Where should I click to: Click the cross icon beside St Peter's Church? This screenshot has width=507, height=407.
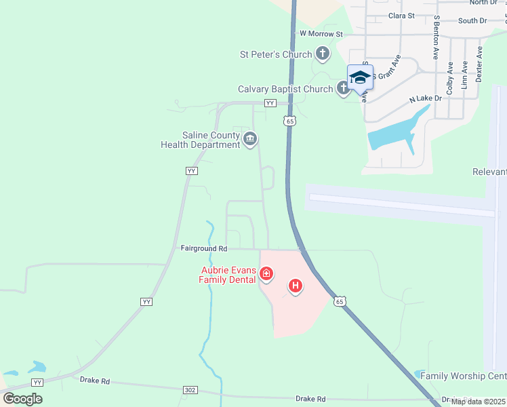click(323, 54)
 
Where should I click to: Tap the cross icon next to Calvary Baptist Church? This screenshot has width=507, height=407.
click(343, 88)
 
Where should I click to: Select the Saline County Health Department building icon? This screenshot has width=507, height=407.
click(249, 140)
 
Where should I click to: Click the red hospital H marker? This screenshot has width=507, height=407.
click(295, 286)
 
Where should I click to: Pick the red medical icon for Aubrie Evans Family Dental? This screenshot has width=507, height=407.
click(266, 274)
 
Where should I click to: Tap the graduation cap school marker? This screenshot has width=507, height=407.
click(360, 77)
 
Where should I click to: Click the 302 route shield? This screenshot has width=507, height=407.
click(191, 390)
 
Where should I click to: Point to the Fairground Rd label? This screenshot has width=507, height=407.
click(203, 249)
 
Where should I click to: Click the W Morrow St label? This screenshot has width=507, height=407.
click(321, 33)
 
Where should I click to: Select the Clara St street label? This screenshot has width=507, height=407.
click(401, 15)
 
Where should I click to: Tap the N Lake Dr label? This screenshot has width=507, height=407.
click(425, 99)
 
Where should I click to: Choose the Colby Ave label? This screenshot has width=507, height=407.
click(449, 78)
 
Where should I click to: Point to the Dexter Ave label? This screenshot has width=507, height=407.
click(479, 64)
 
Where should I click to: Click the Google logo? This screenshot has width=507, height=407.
click(22, 398)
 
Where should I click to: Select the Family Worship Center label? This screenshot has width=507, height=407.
click(463, 376)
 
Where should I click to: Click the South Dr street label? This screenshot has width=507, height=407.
click(472, 21)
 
